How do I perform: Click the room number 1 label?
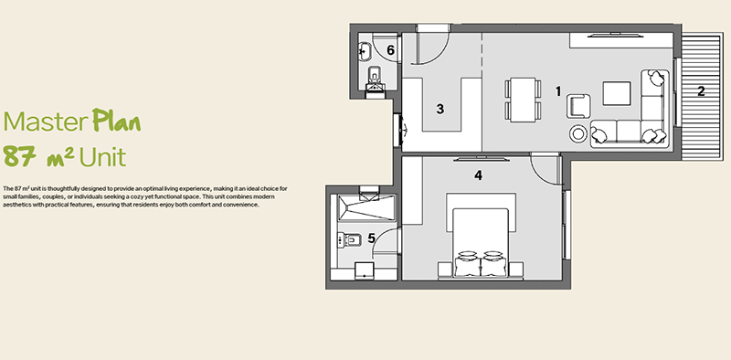[558, 91]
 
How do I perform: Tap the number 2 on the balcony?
[701, 91]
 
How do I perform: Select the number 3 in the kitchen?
[440, 109]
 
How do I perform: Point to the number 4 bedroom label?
[478, 175]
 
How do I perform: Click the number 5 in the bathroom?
[371, 238]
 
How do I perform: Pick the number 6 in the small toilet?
[391, 50]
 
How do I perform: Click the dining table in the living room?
[523, 100]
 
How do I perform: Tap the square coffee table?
[617, 93]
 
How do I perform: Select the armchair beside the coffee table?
[578, 106]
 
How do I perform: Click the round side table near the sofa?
[578, 133]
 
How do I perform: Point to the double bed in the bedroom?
[481, 242]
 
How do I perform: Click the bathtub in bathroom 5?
[366, 208]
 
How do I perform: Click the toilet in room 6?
[375, 79]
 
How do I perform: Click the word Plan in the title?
[116, 121]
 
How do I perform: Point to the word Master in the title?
[46, 122]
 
